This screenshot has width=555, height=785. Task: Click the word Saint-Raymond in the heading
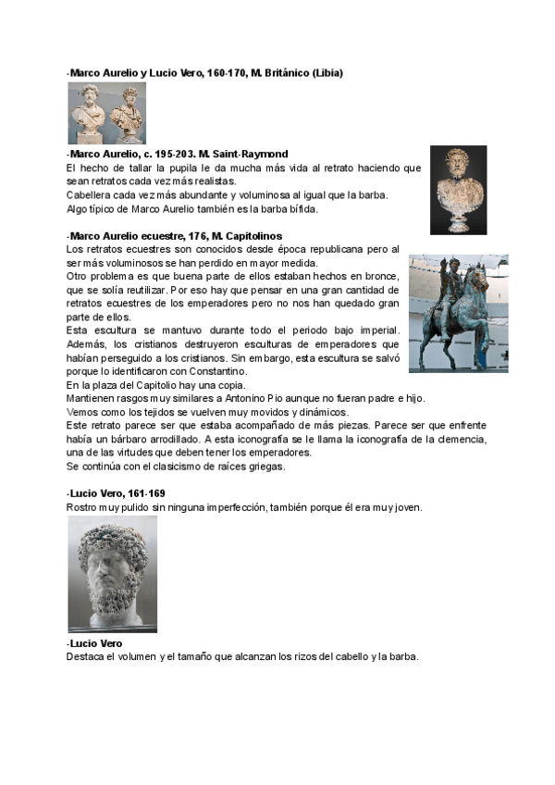pos(255,154)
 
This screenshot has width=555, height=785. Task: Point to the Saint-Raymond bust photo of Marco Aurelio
pos(458,190)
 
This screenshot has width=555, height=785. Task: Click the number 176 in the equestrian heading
pos(199,236)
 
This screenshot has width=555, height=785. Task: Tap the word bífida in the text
pos(298,208)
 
